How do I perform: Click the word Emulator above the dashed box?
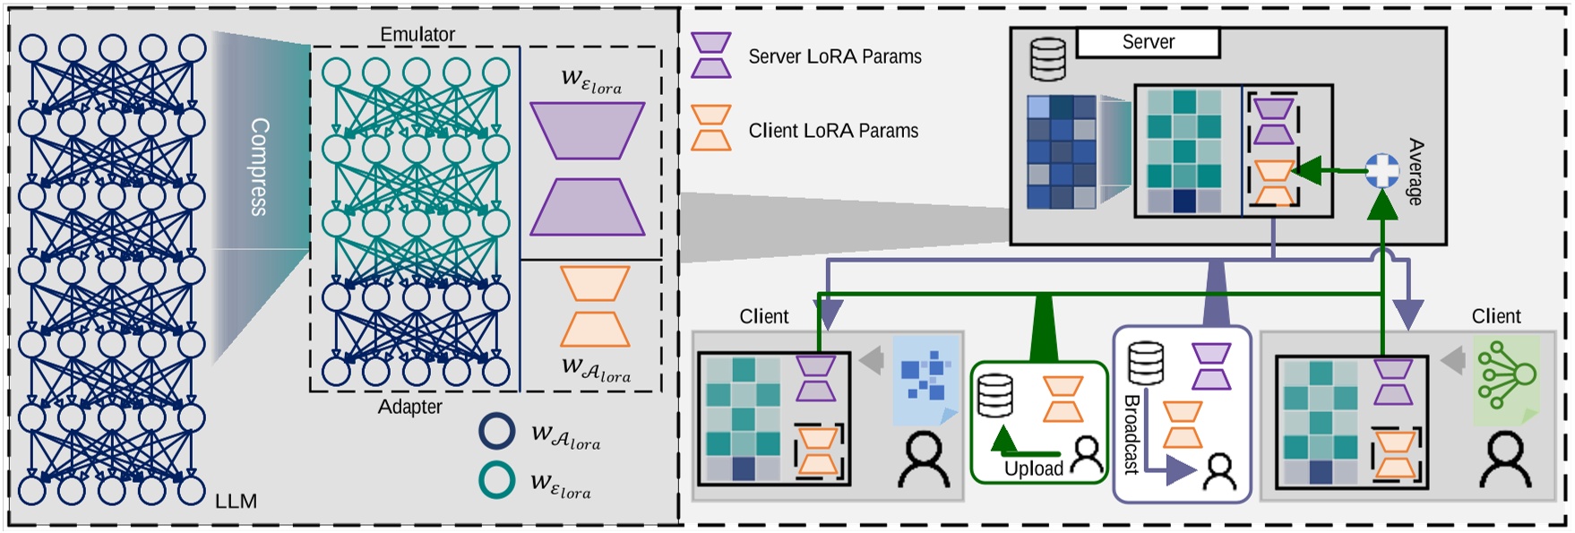417,34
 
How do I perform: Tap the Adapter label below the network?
409,407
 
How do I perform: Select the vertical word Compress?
259,167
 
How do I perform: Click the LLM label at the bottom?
236,502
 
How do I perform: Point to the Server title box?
1148,42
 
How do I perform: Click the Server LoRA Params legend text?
834,56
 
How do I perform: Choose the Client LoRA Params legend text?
833,131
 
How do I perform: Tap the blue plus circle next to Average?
1381,170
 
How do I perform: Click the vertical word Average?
1415,171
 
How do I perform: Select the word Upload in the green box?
1033,469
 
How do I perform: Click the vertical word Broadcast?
1132,434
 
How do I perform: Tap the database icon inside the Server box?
1047,59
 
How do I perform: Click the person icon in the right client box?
1505,460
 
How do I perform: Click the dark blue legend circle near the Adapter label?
496,431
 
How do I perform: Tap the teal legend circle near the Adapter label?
496,479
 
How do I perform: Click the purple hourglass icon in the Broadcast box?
1210,366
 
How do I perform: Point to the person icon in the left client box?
923,460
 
